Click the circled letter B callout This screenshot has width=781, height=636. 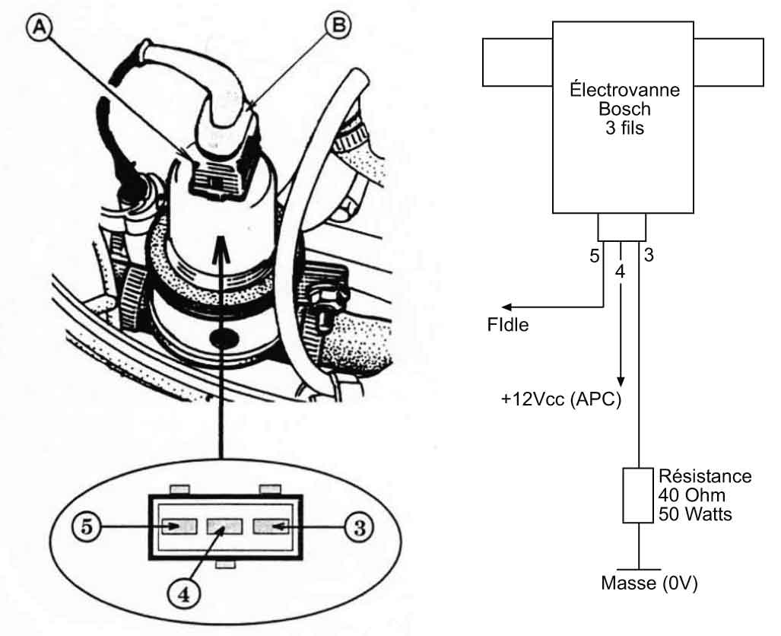[338, 25]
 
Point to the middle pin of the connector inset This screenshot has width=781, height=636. [224, 526]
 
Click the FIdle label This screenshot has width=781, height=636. [508, 325]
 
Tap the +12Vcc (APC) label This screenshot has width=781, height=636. [562, 400]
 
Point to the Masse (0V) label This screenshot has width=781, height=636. [649, 585]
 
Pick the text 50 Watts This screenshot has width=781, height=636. [694, 514]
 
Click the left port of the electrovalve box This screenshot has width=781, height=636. [517, 62]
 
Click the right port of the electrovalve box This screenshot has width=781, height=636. [728, 62]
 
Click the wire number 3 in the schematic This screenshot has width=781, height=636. [648, 256]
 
